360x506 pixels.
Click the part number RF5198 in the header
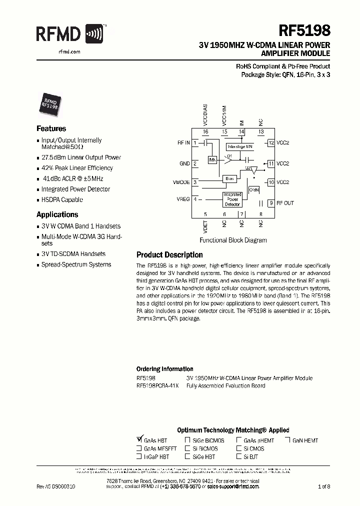coord(307,31)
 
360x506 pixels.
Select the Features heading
coord(51,128)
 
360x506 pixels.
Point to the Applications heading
coord(57,214)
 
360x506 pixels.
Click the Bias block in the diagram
coord(229,178)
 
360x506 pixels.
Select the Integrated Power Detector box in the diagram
coord(232,199)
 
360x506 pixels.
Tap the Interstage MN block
coord(240,146)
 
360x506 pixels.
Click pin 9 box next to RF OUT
coord(271,203)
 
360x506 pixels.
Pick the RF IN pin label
coord(183,143)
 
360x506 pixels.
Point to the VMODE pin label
coord(180,182)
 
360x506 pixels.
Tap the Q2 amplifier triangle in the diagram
coord(254,170)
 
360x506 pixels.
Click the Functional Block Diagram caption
coord(232,240)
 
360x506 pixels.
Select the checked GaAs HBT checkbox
coord(139,440)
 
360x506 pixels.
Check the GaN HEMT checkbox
coord(288,440)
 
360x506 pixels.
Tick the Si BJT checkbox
coord(238,456)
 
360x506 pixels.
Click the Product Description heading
coord(169,255)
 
